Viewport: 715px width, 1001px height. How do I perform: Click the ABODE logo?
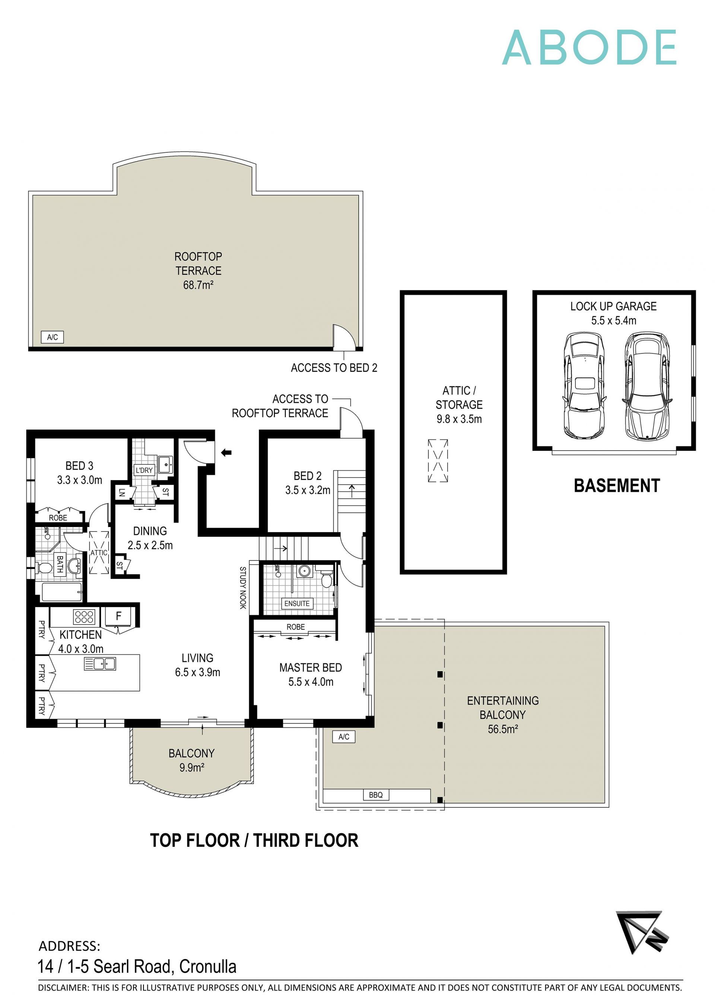(589, 48)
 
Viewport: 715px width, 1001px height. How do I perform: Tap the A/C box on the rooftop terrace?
(53, 337)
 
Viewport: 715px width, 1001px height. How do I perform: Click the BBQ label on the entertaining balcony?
(375, 795)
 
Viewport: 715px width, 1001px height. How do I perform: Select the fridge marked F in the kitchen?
(118, 616)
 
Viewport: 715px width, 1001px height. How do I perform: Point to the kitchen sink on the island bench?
(100, 664)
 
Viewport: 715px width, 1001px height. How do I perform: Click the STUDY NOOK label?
(242, 588)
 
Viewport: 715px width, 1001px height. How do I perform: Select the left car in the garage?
(584, 385)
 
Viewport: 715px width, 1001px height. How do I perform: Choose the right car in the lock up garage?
(647, 385)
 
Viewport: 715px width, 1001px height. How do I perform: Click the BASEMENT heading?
(616, 486)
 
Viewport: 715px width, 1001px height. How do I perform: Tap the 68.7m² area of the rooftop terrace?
(198, 285)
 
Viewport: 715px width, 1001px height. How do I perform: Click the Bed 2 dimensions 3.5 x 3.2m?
(307, 490)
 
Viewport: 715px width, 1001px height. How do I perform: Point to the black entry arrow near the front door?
(226, 452)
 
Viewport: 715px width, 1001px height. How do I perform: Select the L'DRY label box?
(144, 470)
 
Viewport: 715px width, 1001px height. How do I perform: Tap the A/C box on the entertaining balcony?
(344, 737)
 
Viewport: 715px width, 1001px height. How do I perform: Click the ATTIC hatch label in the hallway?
(99, 552)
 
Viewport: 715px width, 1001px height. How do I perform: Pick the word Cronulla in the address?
(208, 966)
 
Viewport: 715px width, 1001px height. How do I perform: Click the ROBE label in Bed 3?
(58, 518)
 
